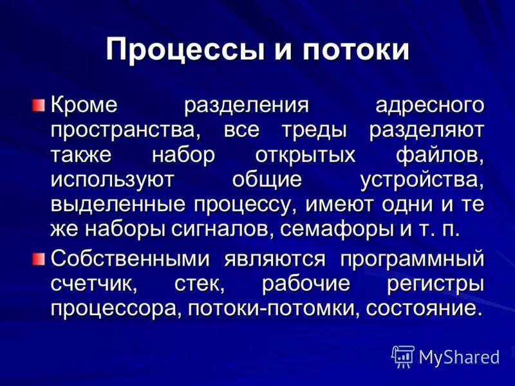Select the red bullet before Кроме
[x=39, y=104]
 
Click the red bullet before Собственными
[x=39, y=257]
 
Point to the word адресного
[x=429, y=105]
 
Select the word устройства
[x=421, y=180]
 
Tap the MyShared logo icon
[x=403, y=356]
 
